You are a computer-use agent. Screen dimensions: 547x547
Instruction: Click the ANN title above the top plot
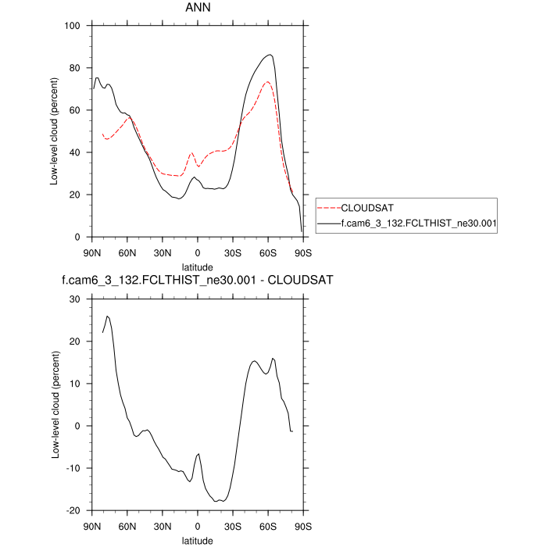pos(197,9)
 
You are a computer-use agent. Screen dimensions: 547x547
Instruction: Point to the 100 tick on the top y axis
pos(74,26)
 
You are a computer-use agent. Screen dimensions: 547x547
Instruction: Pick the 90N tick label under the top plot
pos(92,252)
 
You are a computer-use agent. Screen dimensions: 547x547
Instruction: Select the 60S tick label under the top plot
pos(268,252)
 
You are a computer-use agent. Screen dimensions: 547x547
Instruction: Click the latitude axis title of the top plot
pos(198,266)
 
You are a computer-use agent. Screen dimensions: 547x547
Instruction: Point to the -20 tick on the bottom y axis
pos(75,510)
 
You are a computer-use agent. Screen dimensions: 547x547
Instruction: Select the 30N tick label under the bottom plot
pos(163,526)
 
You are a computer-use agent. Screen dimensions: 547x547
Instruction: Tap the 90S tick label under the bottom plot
pos(303,526)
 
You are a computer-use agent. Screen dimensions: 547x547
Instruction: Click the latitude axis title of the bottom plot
pos(198,540)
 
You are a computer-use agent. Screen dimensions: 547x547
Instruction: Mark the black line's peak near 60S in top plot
pos(270,55)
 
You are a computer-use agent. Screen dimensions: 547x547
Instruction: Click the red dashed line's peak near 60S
pos(267,81)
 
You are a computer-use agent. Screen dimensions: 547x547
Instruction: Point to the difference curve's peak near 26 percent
pos(107,316)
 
